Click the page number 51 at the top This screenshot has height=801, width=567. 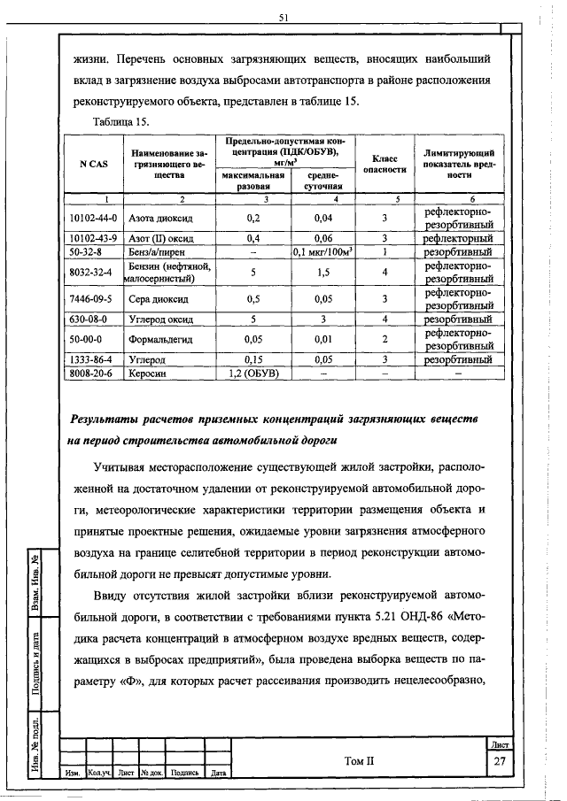(x=283, y=17)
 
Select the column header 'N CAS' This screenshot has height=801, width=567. (x=93, y=164)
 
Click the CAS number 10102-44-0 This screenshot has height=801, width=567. (x=93, y=217)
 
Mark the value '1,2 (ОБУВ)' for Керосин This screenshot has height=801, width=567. (x=254, y=374)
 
